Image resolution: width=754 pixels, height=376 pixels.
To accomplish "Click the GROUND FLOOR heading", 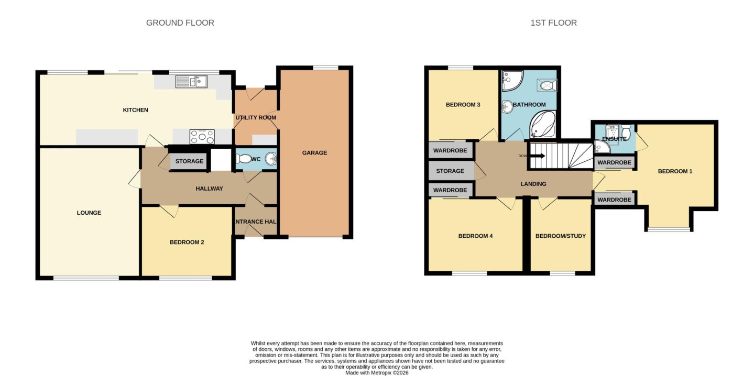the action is (x=180, y=23).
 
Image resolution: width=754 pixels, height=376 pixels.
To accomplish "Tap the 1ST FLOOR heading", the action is (x=554, y=23).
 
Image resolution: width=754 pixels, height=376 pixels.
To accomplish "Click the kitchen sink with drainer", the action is (x=191, y=82).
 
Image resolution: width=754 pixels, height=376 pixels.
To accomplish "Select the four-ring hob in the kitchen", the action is (x=202, y=137).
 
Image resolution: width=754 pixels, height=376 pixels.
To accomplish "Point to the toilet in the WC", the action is (x=243, y=159).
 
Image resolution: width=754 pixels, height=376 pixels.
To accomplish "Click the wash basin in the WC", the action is (x=270, y=159).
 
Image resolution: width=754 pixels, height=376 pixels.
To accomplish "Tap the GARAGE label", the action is (x=314, y=153).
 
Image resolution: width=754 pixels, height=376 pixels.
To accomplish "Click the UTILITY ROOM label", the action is (x=256, y=118).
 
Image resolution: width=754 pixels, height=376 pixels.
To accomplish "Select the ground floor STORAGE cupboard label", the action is (x=189, y=161).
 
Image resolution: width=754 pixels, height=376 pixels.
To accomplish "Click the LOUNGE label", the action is (x=89, y=213).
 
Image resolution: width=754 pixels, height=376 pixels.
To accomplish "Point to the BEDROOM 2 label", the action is (x=187, y=242).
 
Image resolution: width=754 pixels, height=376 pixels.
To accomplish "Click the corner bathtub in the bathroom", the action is (x=543, y=125).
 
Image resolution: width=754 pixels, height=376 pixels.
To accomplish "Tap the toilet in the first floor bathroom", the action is (x=548, y=85).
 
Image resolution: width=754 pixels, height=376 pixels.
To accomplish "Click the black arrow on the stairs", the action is (x=538, y=156).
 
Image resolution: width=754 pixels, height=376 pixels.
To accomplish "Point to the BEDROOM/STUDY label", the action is (x=561, y=236).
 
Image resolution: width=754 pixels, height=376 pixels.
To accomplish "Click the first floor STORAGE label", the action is (x=450, y=171).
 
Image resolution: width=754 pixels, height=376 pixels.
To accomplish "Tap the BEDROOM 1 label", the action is (x=675, y=172).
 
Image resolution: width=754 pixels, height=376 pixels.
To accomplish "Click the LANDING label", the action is (x=533, y=184).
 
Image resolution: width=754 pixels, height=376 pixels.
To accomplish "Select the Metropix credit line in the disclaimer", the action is (x=377, y=373).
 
